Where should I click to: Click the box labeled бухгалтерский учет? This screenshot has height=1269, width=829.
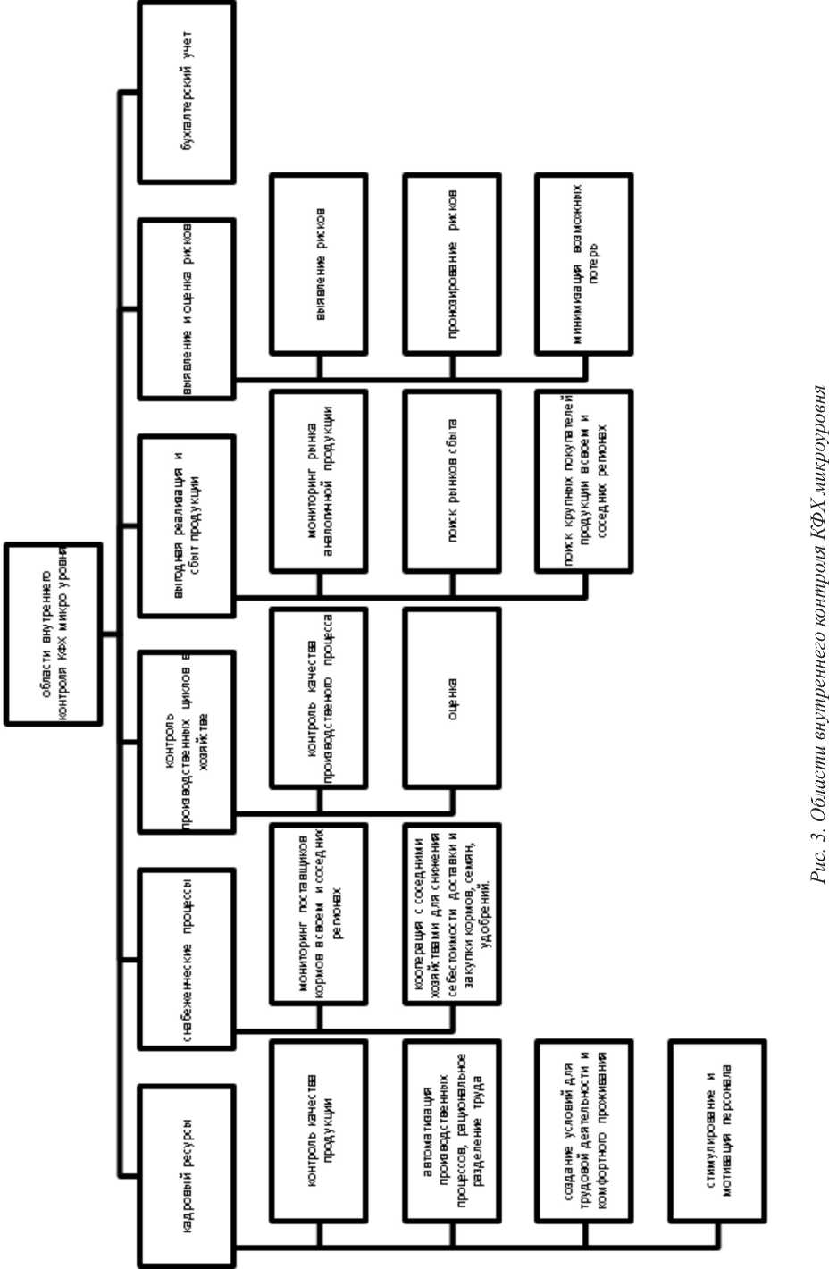[187, 92]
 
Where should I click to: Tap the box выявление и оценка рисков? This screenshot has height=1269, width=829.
[187, 308]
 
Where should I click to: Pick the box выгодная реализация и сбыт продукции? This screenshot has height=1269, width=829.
[187, 525]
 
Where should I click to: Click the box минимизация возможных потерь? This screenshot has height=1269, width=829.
[583, 264]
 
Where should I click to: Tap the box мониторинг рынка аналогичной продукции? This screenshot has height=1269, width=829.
[319, 480]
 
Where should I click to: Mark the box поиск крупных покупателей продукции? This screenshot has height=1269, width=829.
[583, 480]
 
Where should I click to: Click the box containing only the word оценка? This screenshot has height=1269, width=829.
[451, 697]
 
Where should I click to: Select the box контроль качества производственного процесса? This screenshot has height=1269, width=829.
[319, 697]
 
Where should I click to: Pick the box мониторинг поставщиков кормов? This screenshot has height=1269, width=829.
[319, 913]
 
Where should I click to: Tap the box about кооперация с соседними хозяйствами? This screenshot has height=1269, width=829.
[451, 913]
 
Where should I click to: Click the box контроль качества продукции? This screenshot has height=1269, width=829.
[319, 1130]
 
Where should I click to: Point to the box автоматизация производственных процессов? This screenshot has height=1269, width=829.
[451, 1130]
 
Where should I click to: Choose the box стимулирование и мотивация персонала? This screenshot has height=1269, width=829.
[717, 1130]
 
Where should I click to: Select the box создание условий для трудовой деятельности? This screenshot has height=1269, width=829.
[583, 1130]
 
